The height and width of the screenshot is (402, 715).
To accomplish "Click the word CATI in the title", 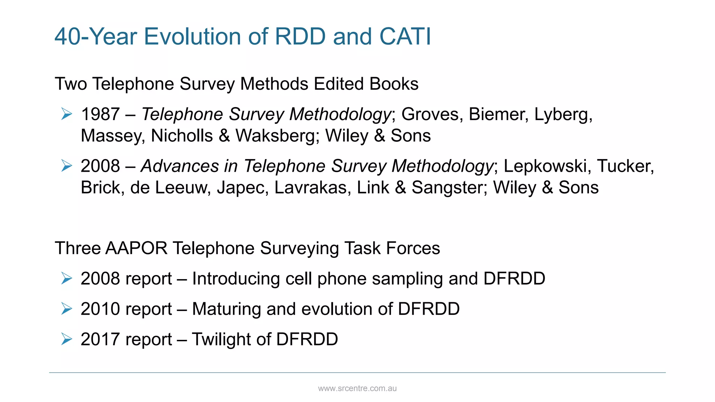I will pos(405,36).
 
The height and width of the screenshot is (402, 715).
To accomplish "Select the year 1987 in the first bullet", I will pos(100,114).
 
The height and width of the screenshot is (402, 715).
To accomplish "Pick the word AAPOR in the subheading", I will pos(136,248).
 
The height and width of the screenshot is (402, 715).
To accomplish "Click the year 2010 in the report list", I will pos(100,309).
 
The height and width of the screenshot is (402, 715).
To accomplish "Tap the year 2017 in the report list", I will pos(100,339).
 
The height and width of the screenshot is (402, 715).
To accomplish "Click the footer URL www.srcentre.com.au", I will pos(357,388).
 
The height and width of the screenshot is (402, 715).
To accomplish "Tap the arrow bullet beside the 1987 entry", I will pos(66,114).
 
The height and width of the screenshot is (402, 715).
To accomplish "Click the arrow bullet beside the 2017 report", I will pos(66,339).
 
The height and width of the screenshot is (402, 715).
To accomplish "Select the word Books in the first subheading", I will pos(394,84).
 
